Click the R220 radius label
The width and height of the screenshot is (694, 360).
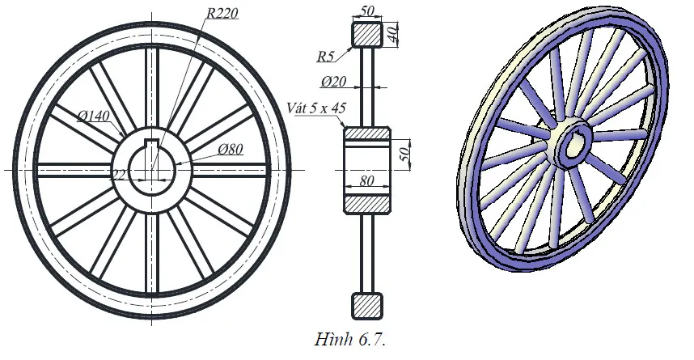[x=223, y=13]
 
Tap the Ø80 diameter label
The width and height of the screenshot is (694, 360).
[x=231, y=148]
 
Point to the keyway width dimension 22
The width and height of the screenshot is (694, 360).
[x=118, y=173]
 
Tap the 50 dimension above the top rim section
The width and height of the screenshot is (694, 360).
[x=367, y=9]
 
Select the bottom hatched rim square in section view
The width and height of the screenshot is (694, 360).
[x=367, y=305]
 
